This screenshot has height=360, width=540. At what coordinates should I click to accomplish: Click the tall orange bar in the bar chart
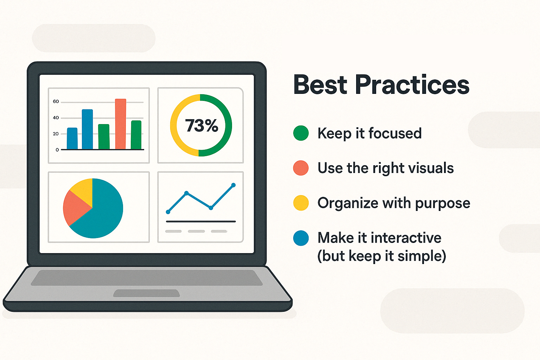pos(121,124)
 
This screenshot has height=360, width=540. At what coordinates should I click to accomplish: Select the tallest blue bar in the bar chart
pos(87,129)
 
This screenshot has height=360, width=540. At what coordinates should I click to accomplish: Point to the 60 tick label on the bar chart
pos(56,102)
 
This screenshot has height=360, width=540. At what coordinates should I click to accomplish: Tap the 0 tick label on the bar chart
pos(57,150)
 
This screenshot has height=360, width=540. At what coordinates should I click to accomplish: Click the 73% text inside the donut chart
pos(201,126)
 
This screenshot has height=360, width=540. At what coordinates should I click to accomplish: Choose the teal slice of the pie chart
pos(101,212)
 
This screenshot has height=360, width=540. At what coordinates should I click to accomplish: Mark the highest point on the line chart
pos(233,185)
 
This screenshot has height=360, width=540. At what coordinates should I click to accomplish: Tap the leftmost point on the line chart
pos(168,212)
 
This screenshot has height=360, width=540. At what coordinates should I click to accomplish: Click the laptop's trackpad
pos(147,293)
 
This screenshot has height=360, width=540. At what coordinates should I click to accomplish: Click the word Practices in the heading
pos(412,85)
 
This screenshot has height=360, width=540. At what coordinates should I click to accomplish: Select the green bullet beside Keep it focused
pos(301,133)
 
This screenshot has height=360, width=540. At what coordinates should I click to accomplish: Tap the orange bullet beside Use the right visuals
pos(301,168)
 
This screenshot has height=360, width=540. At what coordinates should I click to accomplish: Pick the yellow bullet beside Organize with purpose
pos(301,203)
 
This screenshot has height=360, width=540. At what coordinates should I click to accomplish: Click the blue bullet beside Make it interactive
pos(301,238)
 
